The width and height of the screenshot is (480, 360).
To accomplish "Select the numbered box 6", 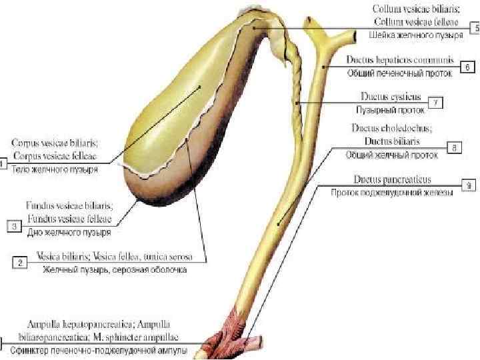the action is (x=468, y=67).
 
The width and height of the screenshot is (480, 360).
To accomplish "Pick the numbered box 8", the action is (x=454, y=149).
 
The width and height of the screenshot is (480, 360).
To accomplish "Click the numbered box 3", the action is (x=15, y=227).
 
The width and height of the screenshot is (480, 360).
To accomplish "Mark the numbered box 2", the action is (x=21, y=263).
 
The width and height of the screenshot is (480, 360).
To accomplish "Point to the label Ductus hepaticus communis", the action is (x=400, y=60).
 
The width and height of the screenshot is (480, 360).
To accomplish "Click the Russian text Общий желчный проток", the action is (x=391, y=155).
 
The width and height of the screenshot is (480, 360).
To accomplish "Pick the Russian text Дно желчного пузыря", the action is (x=69, y=233).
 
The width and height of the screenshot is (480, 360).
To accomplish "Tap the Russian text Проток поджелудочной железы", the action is (x=392, y=193).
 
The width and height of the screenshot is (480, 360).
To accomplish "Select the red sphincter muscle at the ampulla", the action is (x=237, y=327).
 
